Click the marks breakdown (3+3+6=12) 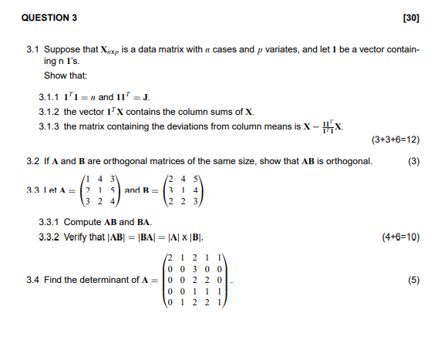[395, 140]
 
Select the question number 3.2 [32, 161]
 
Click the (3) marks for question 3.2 [413, 161]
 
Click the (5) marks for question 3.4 [413, 280]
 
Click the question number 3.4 [32, 280]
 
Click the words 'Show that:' [66, 76]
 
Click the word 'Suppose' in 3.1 [61, 49]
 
